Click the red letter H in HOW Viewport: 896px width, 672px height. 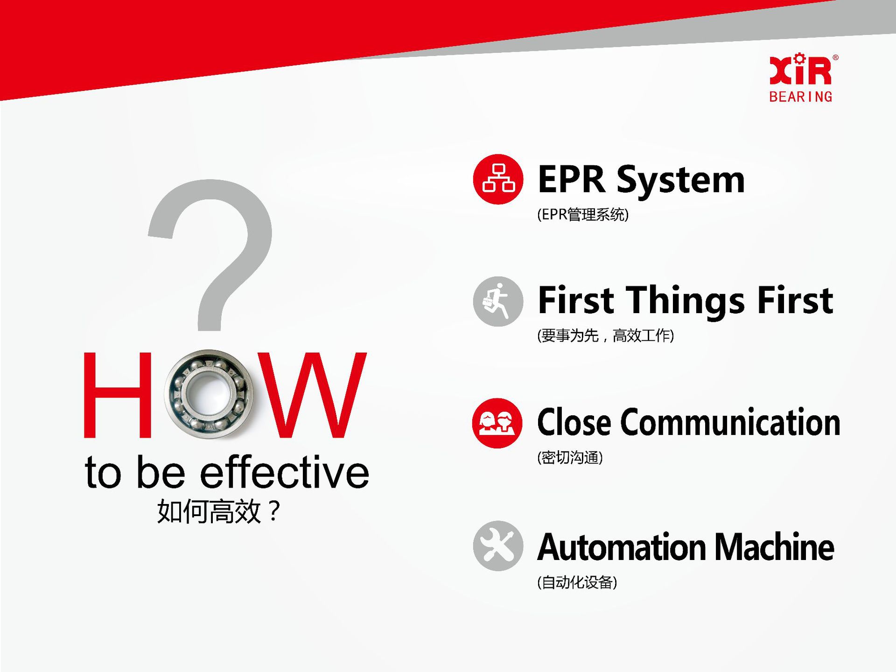pyautogui.click(x=118, y=395)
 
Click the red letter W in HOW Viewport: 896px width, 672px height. pyautogui.click(x=312, y=395)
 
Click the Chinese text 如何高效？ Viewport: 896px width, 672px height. pyautogui.click(x=218, y=511)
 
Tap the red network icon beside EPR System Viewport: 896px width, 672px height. pyautogui.click(x=498, y=179)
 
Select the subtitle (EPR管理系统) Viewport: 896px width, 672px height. pyautogui.click(x=583, y=215)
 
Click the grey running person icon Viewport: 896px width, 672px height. pyautogui.click(x=498, y=301)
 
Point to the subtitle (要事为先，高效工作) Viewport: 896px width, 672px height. pyautogui.click(x=605, y=336)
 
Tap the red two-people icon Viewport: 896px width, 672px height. pyautogui.click(x=497, y=423)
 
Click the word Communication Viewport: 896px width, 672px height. pyautogui.click(x=730, y=422)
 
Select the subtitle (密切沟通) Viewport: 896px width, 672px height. pyautogui.click(x=570, y=457)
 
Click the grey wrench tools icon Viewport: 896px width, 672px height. pyautogui.click(x=498, y=546)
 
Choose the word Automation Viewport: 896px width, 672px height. pyautogui.click(x=622, y=547)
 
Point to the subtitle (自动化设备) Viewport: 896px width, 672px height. pyautogui.click(x=577, y=582)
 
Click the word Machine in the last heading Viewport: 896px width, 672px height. pyautogui.click(x=774, y=547)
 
